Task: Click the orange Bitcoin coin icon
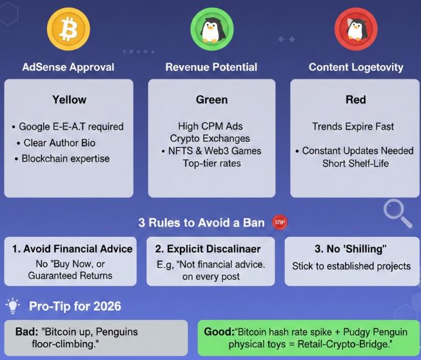point(68,28)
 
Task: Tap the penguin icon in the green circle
point(211,29)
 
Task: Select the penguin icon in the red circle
point(355,29)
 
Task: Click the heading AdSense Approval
point(68,67)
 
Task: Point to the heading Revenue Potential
point(211,67)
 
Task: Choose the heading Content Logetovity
point(356,67)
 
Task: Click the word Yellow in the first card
point(69,100)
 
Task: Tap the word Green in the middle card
point(211,100)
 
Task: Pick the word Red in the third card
point(355,100)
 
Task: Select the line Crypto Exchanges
point(210,139)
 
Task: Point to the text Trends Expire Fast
point(353,126)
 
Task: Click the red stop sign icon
point(280,223)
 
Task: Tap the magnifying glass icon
point(397,213)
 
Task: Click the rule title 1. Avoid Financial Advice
point(73,249)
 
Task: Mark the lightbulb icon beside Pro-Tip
point(13,305)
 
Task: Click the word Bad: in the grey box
point(27,332)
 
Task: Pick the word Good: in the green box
point(218,332)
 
